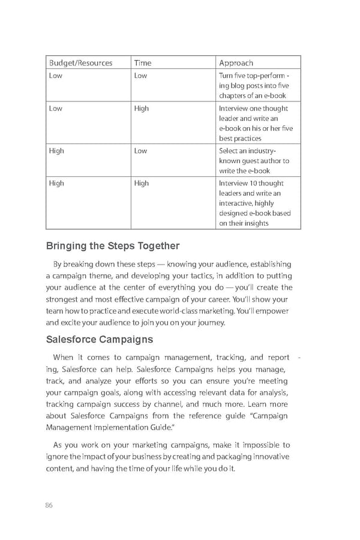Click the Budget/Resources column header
(80, 62)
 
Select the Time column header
(143, 62)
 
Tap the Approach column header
(236, 62)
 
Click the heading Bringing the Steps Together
(113, 245)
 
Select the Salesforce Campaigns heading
(99, 340)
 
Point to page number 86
(49, 505)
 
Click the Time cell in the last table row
(142, 183)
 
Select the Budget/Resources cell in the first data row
(55, 76)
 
